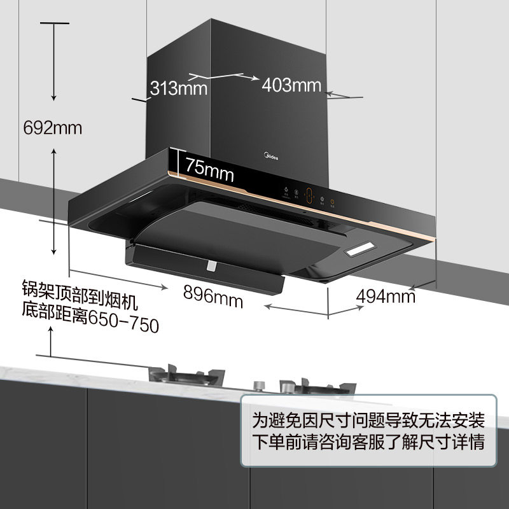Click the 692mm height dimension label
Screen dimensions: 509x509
[x=53, y=127]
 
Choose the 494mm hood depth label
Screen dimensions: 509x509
[x=386, y=296]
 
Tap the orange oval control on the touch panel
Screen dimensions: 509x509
[x=309, y=197]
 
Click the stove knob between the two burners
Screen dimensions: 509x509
[x=258, y=386]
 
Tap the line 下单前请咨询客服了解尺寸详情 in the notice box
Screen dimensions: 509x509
[x=368, y=442]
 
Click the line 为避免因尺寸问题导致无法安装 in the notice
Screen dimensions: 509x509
[x=368, y=420]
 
